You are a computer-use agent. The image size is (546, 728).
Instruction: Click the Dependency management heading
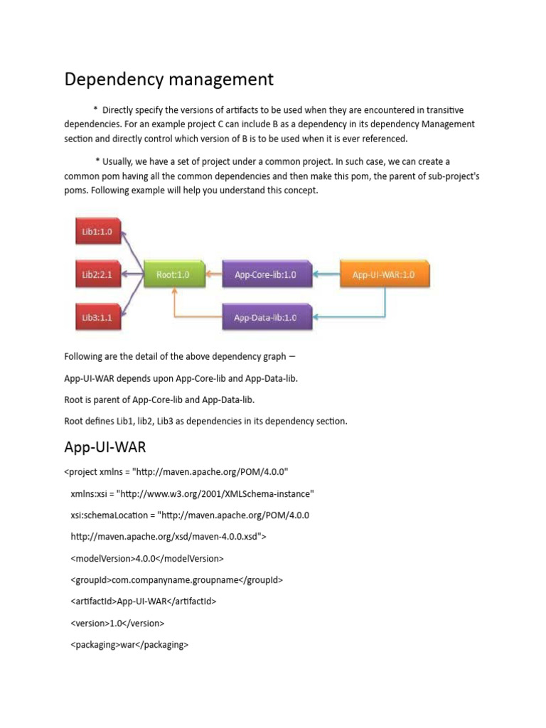point(168,79)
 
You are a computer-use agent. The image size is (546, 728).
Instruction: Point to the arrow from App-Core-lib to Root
point(214,274)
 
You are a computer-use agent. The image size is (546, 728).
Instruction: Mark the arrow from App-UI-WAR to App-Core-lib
point(326,274)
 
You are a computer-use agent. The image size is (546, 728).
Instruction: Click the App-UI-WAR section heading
point(105,448)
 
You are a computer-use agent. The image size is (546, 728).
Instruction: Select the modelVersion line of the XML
point(147,558)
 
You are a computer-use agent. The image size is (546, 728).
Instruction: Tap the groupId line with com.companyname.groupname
point(176,579)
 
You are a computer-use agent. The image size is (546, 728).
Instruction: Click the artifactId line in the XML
point(144,601)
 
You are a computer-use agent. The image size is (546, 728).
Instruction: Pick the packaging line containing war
point(129,645)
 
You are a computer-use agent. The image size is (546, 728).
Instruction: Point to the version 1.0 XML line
point(117,623)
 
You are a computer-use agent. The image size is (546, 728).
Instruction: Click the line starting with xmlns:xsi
point(192,493)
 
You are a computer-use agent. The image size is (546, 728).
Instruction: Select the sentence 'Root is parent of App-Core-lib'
point(159,400)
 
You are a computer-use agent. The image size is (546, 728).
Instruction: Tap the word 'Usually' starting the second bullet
point(120,162)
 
